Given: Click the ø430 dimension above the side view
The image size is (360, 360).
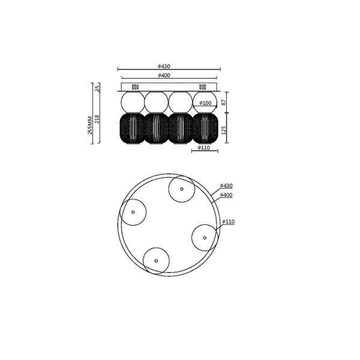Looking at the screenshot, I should [166, 65].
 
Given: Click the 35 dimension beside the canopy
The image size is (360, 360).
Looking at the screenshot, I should [97, 88].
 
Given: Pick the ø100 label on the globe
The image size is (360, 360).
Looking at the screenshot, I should [206, 103].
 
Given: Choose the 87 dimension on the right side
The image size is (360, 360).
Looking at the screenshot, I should [224, 103].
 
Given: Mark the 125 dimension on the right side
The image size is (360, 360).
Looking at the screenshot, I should [224, 131].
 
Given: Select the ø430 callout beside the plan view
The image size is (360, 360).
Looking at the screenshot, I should [226, 186].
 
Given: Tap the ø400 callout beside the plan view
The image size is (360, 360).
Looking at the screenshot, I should [226, 195].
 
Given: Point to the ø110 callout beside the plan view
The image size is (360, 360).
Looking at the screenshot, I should [229, 221].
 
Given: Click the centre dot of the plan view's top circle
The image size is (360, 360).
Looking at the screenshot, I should [181, 189].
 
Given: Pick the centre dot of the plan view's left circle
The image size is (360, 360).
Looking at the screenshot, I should [133, 212].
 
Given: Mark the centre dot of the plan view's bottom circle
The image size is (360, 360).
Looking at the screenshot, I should [156, 260].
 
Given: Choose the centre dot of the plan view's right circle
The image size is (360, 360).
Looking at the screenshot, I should [205, 238].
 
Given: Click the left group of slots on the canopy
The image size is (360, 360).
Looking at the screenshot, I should [134, 87].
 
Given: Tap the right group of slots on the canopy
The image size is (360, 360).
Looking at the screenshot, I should [202, 87].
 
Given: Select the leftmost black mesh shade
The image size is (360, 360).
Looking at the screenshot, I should [132, 128].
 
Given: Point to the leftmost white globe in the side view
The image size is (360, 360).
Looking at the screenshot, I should [132, 100].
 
